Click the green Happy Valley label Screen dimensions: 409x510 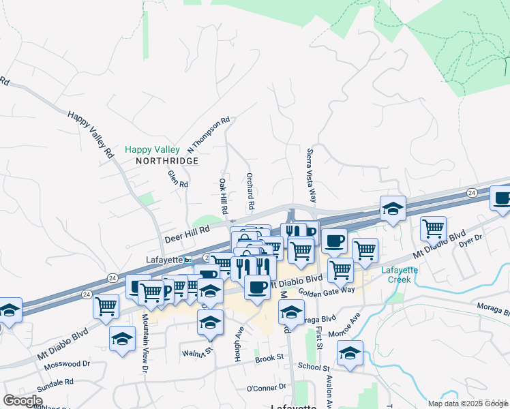(x=152, y=149)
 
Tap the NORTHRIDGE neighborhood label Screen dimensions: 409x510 (x=167, y=161)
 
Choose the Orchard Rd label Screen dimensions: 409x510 (x=250, y=191)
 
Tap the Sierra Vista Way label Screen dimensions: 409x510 (x=312, y=176)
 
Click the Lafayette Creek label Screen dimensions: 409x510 (x=399, y=274)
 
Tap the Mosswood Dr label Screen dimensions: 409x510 (x=67, y=365)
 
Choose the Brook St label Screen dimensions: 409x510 (x=269, y=358)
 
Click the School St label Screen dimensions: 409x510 (x=314, y=366)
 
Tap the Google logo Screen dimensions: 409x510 (x=22, y=400)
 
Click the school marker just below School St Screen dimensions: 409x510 (x=350, y=354)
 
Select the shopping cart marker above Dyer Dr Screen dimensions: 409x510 (x=433, y=229)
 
